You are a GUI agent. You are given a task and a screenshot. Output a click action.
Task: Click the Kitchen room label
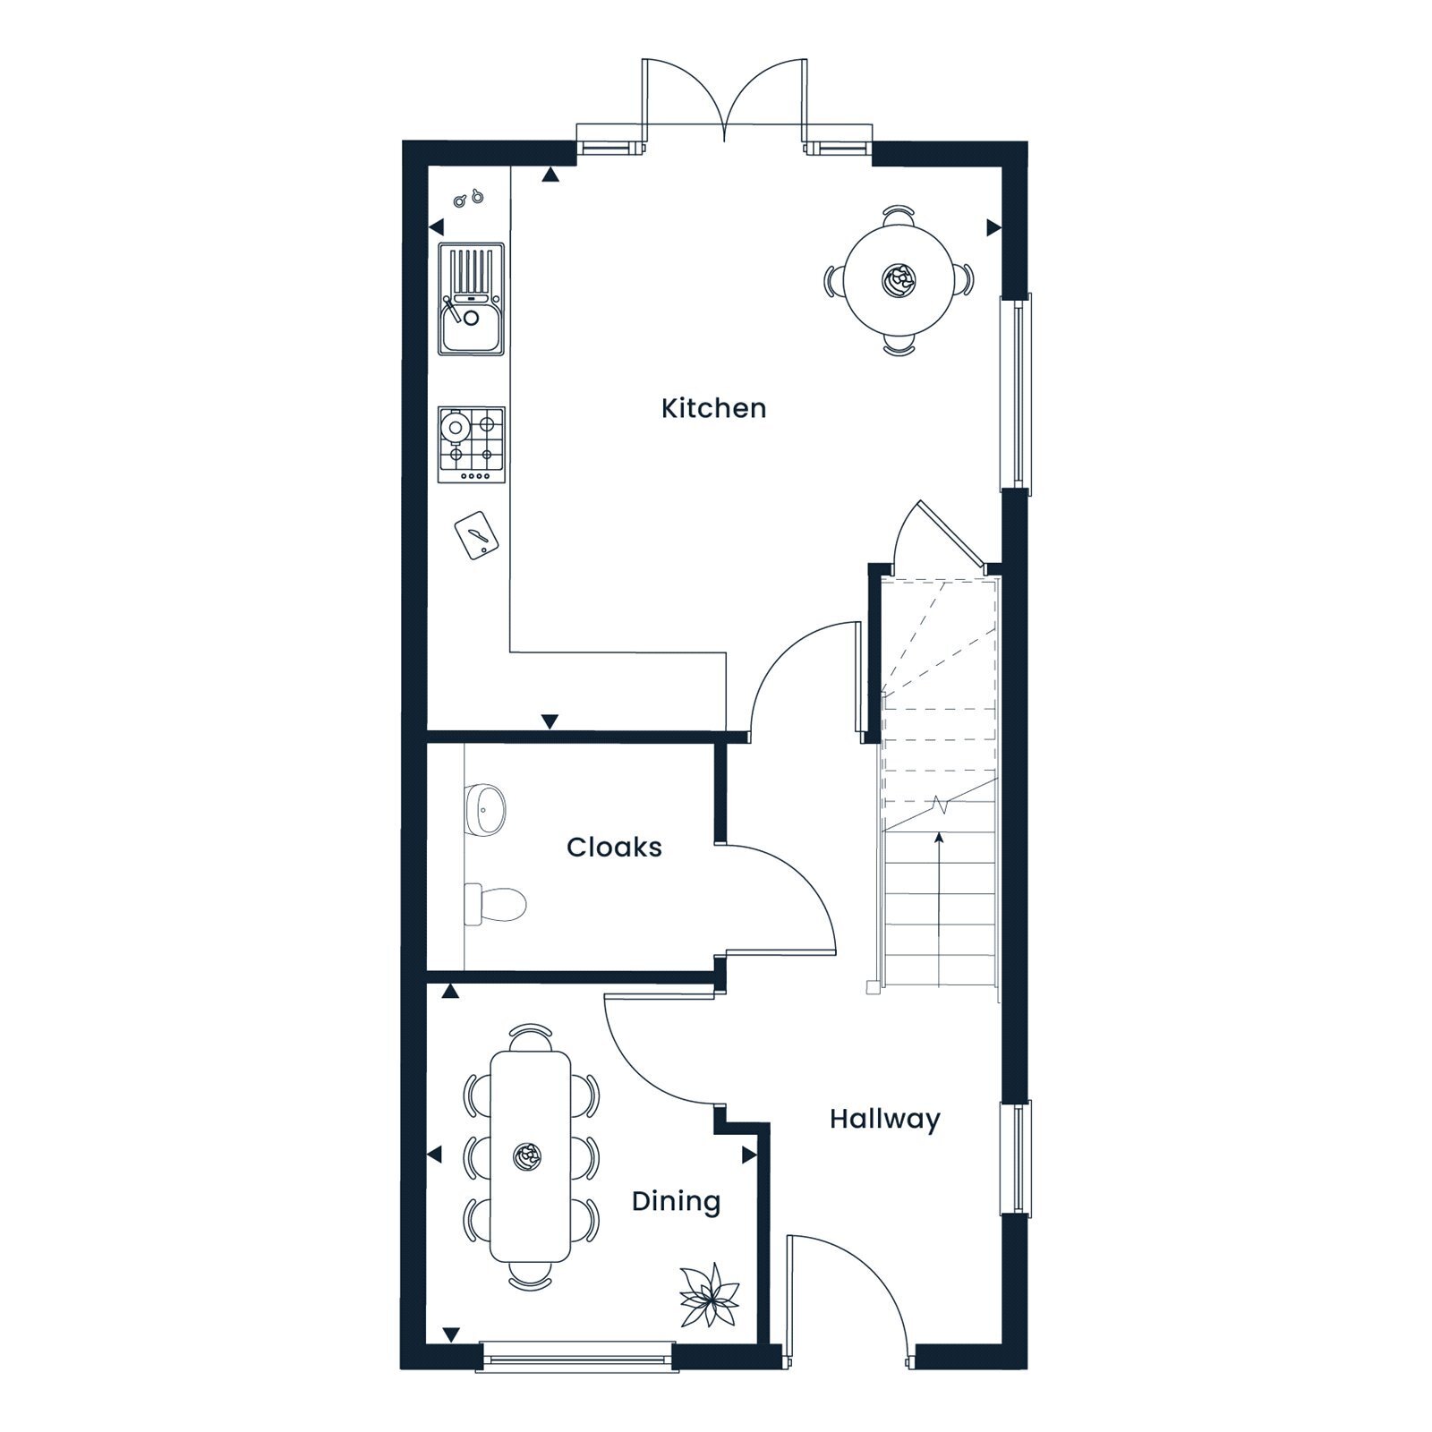coord(713,408)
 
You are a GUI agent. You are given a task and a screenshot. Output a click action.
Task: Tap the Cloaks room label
coord(614,847)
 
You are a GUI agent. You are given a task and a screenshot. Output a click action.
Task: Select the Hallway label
coord(884,1120)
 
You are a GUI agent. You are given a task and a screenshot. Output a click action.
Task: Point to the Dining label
coord(676,1201)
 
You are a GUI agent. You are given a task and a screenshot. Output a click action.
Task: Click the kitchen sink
coord(471,298)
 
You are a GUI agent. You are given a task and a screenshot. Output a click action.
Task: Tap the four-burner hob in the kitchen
coord(471,445)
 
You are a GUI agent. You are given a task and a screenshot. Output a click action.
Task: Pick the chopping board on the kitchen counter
coord(476,535)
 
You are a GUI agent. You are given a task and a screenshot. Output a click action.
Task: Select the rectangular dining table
coord(530,1156)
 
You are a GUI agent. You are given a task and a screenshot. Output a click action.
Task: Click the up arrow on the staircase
coord(939,907)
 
